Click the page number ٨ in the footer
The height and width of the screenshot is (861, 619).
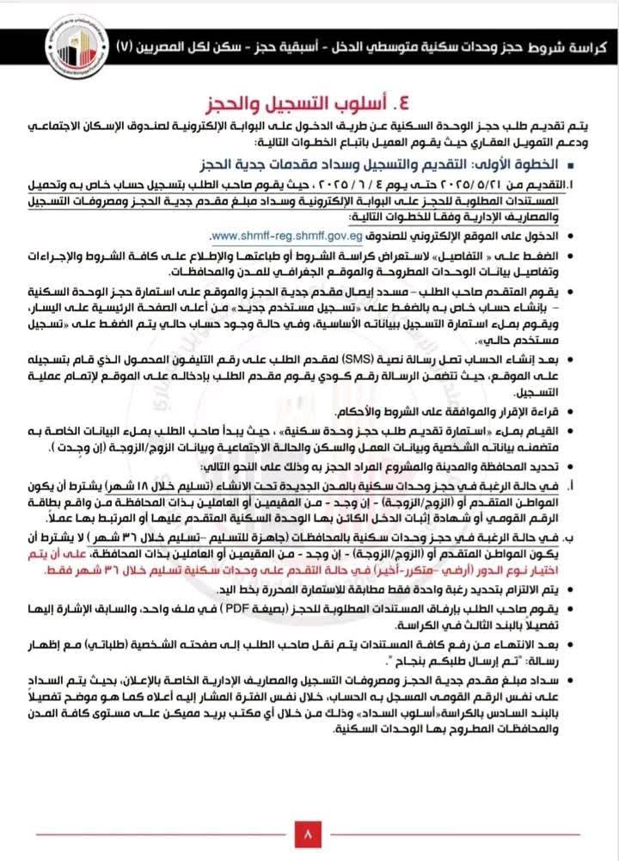pos(309,833)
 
